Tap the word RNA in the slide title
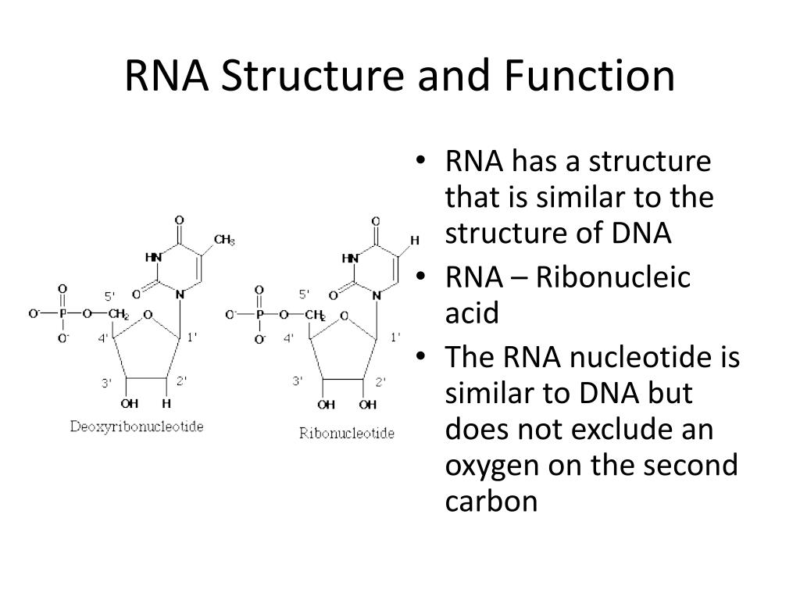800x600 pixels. [x=167, y=77]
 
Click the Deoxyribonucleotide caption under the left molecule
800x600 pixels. [x=137, y=427]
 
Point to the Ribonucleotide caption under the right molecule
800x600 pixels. [x=347, y=433]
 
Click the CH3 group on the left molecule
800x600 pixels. [x=224, y=239]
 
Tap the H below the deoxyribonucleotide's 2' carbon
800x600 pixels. [x=166, y=404]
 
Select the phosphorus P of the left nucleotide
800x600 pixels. [x=65, y=314]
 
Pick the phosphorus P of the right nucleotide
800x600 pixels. [x=261, y=314]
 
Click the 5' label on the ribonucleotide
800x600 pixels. [x=305, y=294]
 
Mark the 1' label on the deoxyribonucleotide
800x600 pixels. [x=191, y=337]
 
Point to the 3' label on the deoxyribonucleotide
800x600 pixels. [x=107, y=382]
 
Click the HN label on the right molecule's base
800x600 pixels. [x=350, y=258]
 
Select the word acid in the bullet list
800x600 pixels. [x=471, y=313]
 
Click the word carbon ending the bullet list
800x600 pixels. [x=491, y=501]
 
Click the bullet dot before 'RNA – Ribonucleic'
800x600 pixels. [x=422, y=278]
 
